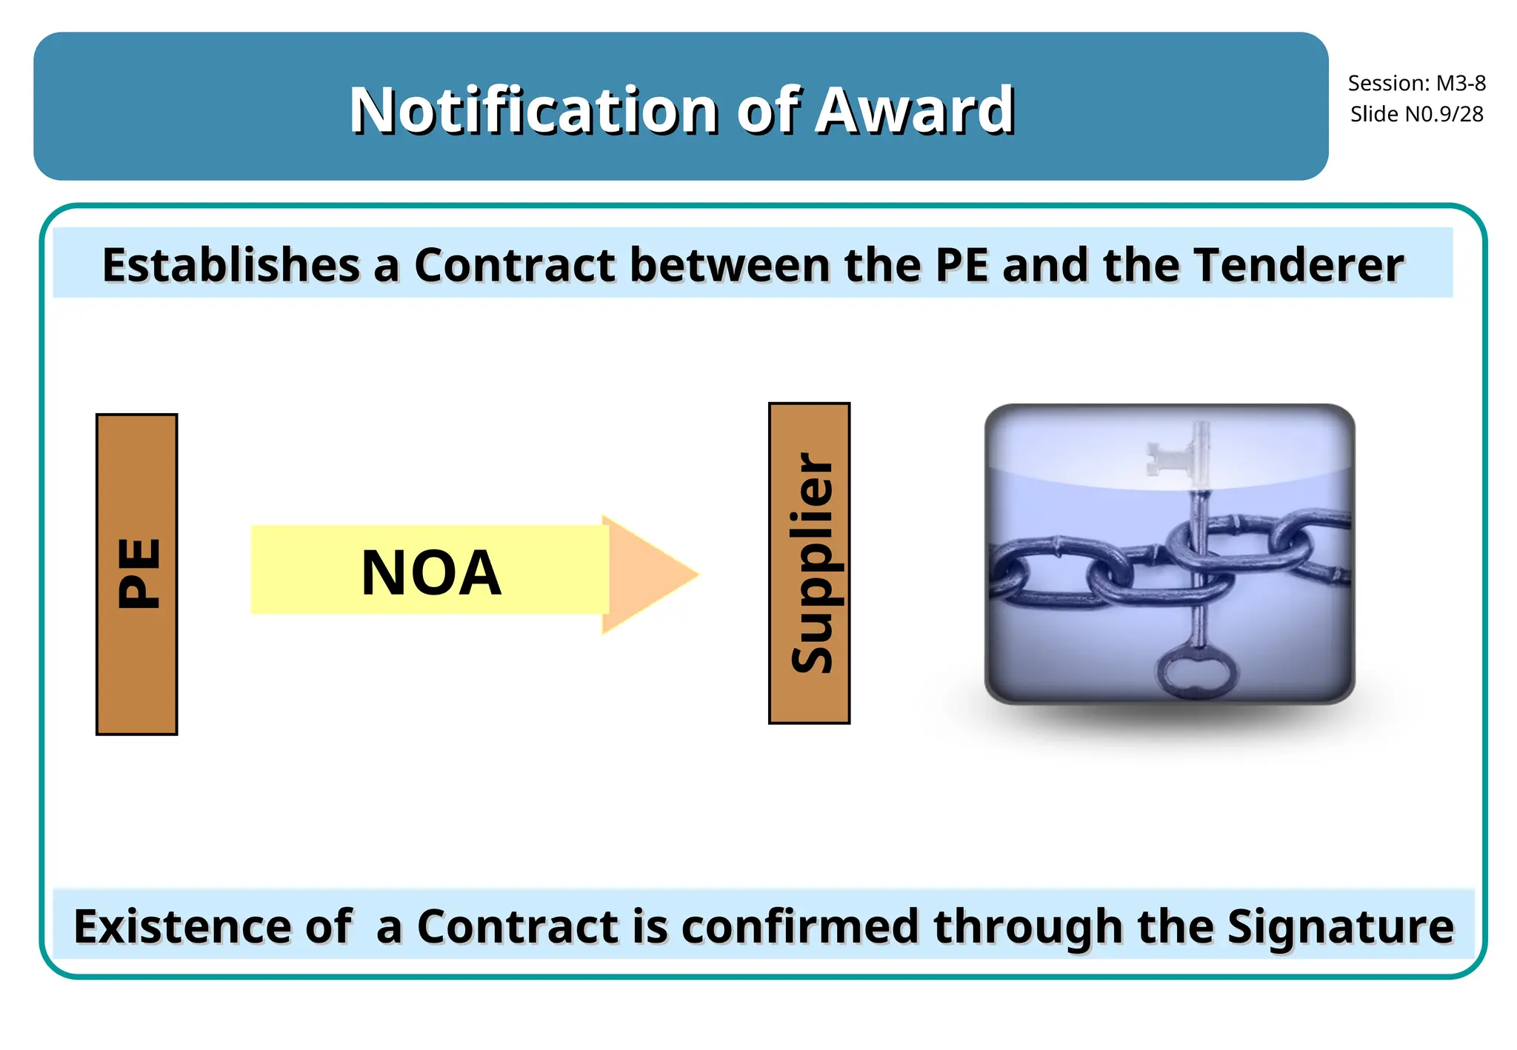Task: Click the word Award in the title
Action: (915, 110)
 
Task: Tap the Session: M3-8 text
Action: (1416, 83)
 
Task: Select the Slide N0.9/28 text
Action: (1416, 114)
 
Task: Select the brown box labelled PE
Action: (137, 574)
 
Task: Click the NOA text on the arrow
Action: (431, 572)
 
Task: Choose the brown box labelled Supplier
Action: (810, 563)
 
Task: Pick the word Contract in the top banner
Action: (515, 264)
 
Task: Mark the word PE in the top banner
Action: (961, 264)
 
